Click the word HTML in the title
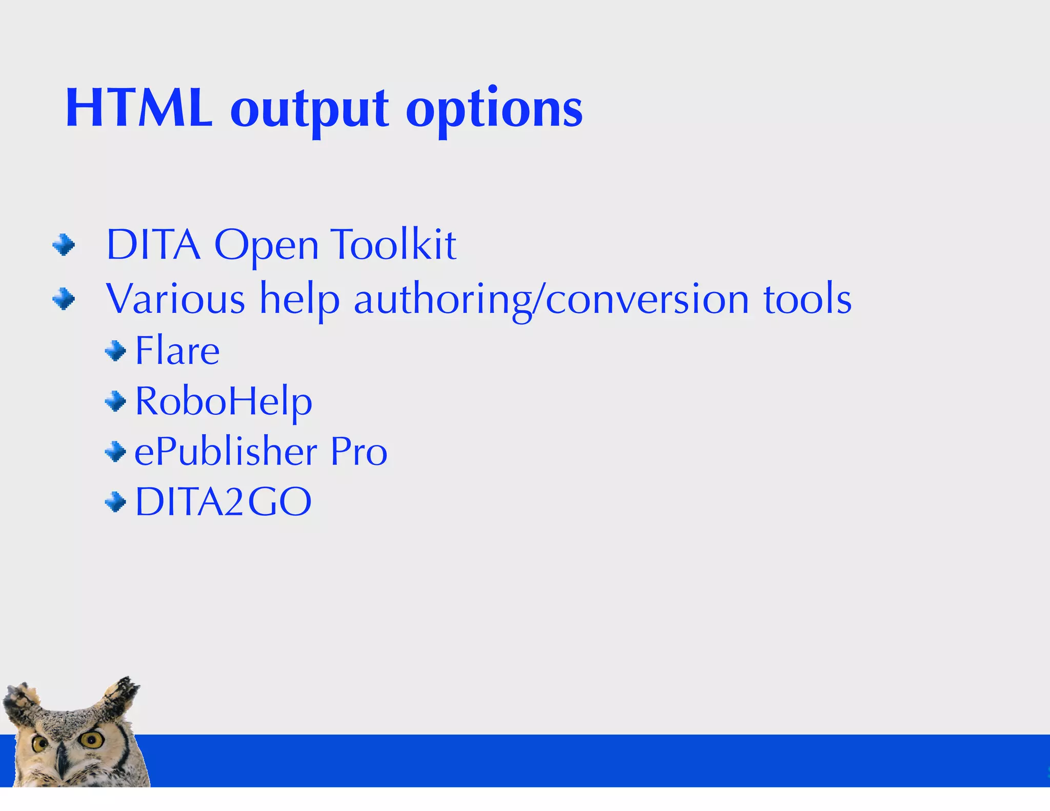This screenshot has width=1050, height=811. [x=139, y=108]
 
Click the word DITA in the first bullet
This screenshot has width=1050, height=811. [x=153, y=245]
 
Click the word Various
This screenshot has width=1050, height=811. [x=175, y=298]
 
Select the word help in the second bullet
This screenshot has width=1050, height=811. [x=299, y=299]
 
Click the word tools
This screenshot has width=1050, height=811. [x=807, y=298]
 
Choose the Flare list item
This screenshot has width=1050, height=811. [x=177, y=351]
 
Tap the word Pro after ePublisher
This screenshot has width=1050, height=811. [x=359, y=451]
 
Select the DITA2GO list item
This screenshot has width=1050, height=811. [x=224, y=501]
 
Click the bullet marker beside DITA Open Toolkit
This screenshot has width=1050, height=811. [x=64, y=245]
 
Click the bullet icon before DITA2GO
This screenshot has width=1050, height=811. [x=115, y=502]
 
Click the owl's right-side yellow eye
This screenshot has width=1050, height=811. [x=92, y=739]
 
